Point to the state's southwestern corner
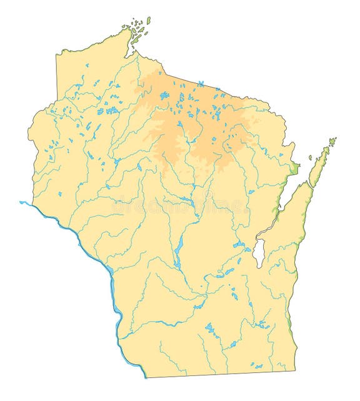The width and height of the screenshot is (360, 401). click(x=145, y=377)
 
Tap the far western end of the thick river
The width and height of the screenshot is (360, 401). click(x=21, y=202)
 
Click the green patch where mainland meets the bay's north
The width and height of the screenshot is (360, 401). click(x=294, y=169)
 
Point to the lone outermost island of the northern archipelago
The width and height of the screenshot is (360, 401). click(x=149, y=19)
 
